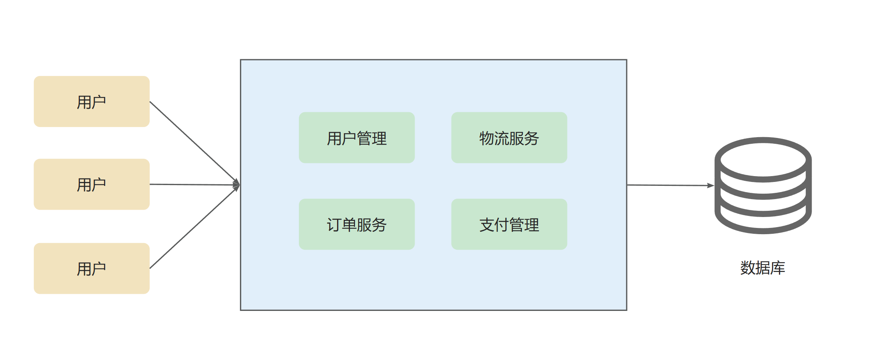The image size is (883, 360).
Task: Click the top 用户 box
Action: pos(92,102)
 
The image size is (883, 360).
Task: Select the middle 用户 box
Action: pos(92,184)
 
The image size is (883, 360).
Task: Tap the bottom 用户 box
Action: pos(92,268)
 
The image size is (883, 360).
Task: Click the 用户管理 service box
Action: pos(357,138)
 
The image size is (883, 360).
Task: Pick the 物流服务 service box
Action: pos(509,138)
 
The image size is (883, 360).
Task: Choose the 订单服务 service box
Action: pos(357,224)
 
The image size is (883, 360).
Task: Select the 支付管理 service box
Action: pos(509,224)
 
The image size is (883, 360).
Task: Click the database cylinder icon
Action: pos(763,185)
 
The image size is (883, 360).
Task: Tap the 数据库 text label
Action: pos(763,268)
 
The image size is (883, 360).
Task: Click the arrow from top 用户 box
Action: pos(193,141)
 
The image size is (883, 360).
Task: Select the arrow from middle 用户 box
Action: pos(193,185)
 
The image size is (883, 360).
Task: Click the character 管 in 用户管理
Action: pos(364,138)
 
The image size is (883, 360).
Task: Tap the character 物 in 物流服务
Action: pos(487,138)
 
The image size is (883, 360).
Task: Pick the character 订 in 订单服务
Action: pos(334,225)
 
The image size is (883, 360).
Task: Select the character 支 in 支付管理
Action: pos(487,225)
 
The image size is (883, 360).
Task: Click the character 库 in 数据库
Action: pos(778,268)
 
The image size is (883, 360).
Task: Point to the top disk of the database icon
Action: pos(763,160)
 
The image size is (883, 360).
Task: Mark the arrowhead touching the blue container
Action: pos(237,185)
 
